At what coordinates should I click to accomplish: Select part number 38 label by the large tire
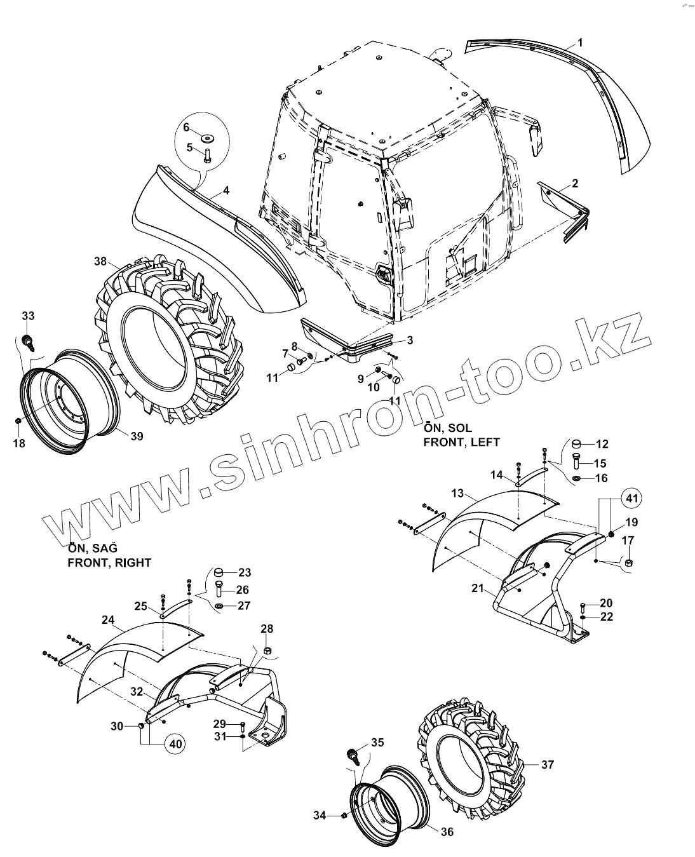tap(100, 260)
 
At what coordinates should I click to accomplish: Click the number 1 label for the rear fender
tap(580, 43)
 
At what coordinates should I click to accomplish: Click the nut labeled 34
tap(344, 815)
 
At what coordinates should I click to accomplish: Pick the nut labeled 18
tap(19, 421)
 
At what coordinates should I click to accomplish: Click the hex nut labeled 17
tap(627, 562)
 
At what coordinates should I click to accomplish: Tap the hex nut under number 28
tap(267, 651)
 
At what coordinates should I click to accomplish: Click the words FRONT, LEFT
tap(461, 442)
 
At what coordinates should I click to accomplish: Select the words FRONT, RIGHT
tap(109, 563)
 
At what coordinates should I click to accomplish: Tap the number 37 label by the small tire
tap(548, 765)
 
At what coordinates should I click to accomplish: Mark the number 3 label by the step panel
tap(410, 341)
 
